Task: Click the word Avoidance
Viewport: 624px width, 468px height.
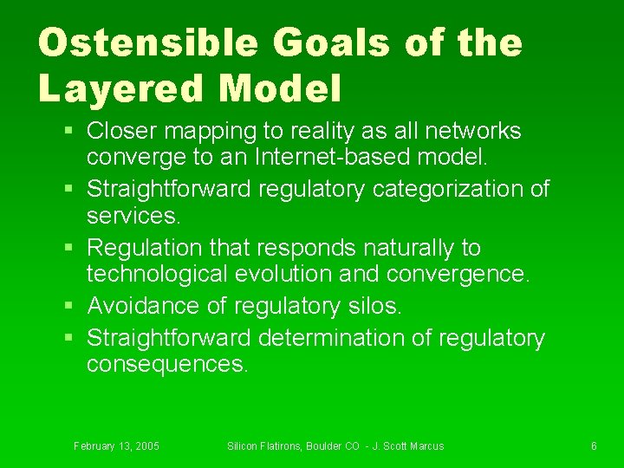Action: [143, 306]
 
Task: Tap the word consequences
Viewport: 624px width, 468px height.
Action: [166, 365]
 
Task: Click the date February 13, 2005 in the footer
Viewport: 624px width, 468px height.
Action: [116, 446]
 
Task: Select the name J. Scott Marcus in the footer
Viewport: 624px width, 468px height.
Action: [407, 446]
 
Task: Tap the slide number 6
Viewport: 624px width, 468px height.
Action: [594, 446]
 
